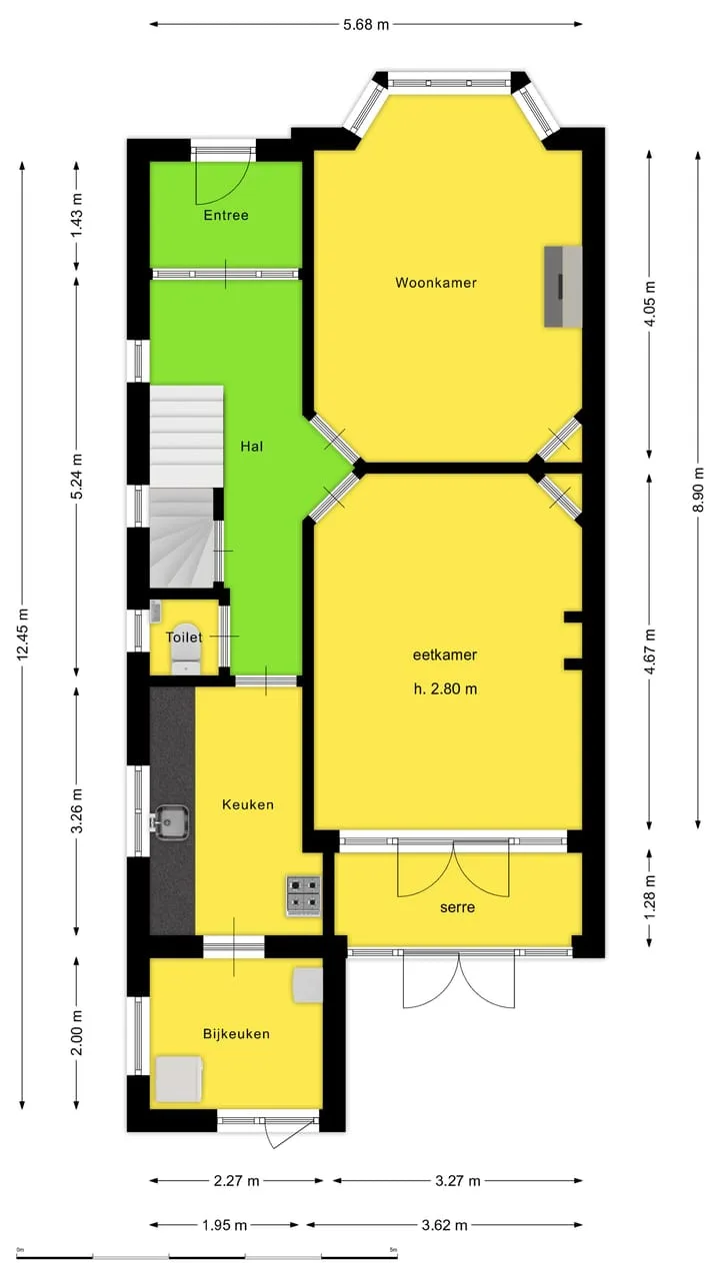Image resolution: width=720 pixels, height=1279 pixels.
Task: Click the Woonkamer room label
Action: [436, 283]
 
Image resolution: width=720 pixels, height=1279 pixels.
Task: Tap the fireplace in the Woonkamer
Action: [563, 287]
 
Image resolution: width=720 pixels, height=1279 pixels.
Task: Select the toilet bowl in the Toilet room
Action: [186, 648]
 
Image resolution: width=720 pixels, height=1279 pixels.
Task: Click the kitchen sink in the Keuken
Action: [169, 822]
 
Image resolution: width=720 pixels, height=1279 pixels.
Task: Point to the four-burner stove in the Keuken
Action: [303, 896]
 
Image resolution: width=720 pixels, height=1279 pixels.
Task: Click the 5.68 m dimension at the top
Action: [366, 25]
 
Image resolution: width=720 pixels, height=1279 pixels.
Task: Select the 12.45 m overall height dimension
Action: [23, 635]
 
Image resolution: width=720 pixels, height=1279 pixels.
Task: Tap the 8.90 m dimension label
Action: [698, 490]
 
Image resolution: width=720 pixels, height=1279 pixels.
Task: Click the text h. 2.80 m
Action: [446, 688]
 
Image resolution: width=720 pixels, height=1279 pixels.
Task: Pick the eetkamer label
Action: [445, 654]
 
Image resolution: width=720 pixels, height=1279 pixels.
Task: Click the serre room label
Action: [457, 907]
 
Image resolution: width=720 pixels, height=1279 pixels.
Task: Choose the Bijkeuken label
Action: [236, 1033]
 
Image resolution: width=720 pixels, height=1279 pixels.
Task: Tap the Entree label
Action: [226, 215]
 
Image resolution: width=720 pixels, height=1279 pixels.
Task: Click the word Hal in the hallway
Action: [251, 446]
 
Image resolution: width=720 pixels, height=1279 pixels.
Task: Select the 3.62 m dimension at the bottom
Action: [445, 1225]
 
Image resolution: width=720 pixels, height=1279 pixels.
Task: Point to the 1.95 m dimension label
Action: [224, 1225]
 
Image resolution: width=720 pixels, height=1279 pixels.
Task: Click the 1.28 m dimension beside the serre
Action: [650, 897]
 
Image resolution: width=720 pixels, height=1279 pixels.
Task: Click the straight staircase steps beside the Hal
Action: [186, 436]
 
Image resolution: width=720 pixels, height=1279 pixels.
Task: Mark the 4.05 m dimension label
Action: [650, 303]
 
